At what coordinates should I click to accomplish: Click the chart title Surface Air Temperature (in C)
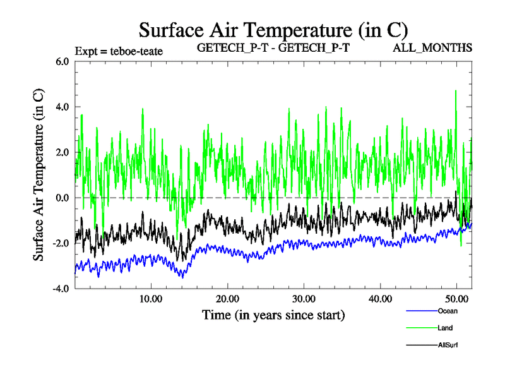(x=273, y=30)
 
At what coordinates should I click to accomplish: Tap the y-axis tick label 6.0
(x=61, y=62)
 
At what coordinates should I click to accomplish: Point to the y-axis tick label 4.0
(x=61, y=107)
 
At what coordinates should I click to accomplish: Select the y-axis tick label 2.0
(x=61, y=153)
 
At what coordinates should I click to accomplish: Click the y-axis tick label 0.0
(x=61, y=198)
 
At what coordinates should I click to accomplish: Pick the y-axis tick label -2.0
(x=59, y=244)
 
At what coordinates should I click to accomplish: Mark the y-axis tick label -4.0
(x=59, y=289)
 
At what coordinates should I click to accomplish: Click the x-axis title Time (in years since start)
(x=273, y=314)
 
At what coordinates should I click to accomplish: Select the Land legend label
(x=444, y=328)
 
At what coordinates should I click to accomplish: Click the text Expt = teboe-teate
(x=119, y=51)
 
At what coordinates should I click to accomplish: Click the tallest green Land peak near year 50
(x=456, y=92)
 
